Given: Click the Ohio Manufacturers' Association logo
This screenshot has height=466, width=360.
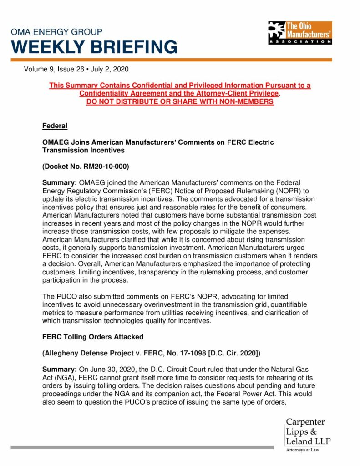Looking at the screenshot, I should pos(299,32).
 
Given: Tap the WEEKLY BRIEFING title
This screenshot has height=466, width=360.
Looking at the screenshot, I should pos(94,47).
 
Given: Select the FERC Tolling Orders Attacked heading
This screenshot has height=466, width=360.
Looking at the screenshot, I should pos(93,337).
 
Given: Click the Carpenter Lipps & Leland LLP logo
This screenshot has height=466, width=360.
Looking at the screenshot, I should pos(308,431).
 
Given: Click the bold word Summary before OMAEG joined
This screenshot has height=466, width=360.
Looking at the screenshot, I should pos(56,182).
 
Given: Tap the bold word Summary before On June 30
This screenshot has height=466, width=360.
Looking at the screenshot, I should pos(56,370).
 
